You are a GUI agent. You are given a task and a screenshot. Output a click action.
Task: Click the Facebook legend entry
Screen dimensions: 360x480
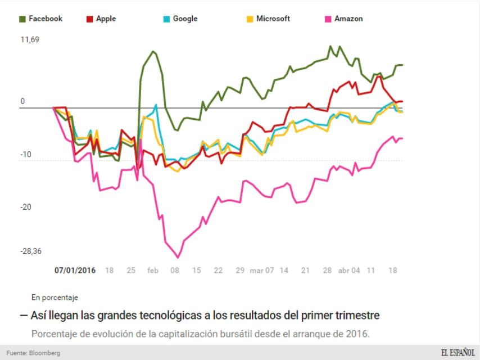[x=42, y=19]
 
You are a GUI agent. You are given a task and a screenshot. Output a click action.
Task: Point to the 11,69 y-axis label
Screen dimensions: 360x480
[x=30, y=40]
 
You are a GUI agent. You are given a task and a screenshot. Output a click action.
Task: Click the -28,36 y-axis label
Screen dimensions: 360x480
[x=31, y=251]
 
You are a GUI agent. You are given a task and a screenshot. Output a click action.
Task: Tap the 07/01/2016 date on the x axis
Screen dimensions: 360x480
[x=75, y=270]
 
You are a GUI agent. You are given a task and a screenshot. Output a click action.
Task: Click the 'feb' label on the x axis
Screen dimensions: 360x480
[x=153, y=270]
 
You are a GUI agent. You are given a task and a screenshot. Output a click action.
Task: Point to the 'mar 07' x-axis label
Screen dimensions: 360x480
[x=262, y=270]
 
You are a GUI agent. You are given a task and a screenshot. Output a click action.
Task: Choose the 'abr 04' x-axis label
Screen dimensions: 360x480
[x=349, y=270]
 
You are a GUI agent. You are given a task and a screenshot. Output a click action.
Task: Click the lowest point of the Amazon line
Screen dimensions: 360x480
[x=178, y=258]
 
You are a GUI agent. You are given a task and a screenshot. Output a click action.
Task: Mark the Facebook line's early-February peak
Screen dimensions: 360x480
[x=153, y=51]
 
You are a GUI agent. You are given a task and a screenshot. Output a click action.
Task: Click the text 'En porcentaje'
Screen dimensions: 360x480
[x=55, y=298]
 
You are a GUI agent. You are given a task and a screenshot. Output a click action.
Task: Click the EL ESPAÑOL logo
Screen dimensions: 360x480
[x=457, y=353]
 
